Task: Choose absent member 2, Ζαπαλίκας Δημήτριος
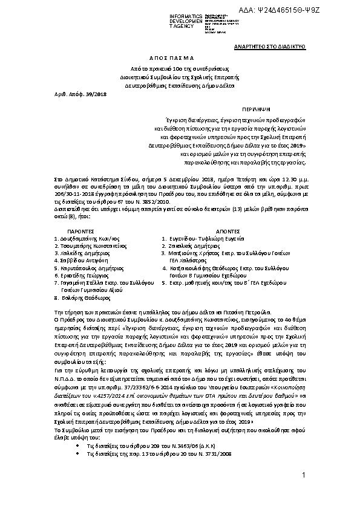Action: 194,245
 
